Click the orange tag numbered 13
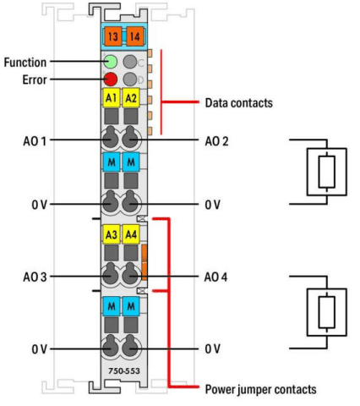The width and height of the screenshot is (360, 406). (112, 36)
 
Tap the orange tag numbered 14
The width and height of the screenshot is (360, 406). (135, 36)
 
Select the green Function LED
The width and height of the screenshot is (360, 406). (111, 62)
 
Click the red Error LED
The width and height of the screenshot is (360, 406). (111, 80)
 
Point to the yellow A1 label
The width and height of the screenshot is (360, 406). (112, 98)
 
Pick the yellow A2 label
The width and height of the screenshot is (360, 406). (131, 98)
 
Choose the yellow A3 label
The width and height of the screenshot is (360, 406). (112, 234)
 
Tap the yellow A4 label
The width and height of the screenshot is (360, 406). (131, 234)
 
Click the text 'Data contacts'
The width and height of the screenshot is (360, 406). (239, 103)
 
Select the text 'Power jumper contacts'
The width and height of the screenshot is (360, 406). (260, 389)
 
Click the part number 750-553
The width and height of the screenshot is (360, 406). (124, 370)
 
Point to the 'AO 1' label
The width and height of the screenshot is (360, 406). (35, 141)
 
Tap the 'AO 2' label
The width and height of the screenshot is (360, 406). (216, 141)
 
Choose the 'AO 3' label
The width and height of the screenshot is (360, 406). (35, 277)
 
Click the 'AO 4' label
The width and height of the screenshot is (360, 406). (215, 277)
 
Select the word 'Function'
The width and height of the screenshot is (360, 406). (25, 63)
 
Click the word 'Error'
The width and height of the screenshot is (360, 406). (35, 80)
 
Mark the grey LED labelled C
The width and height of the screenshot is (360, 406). (130, 62)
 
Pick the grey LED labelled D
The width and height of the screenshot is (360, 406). (130, 80)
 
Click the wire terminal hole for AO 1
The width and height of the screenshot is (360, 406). (110, 139)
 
